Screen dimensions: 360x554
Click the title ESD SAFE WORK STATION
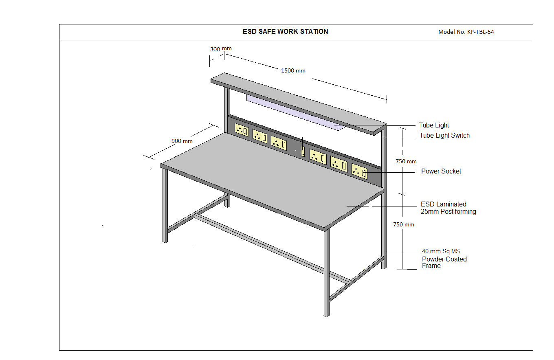[285, 31]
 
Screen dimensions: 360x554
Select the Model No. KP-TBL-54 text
[466, 32]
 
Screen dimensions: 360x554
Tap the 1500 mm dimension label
[293, 70]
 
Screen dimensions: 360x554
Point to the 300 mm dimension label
[221, 49]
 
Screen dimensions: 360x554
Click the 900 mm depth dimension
[182, 141]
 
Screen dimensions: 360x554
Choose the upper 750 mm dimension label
[406, 161]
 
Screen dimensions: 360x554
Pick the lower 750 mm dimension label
[404, 224]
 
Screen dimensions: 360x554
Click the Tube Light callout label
[434, 125]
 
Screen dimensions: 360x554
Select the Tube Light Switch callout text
[444, 136]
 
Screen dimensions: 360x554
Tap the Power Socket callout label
[441, 171]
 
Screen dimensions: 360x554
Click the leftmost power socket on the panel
[242, 130]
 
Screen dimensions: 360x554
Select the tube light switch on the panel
[303, 151]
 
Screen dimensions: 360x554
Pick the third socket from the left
[279, 143]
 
